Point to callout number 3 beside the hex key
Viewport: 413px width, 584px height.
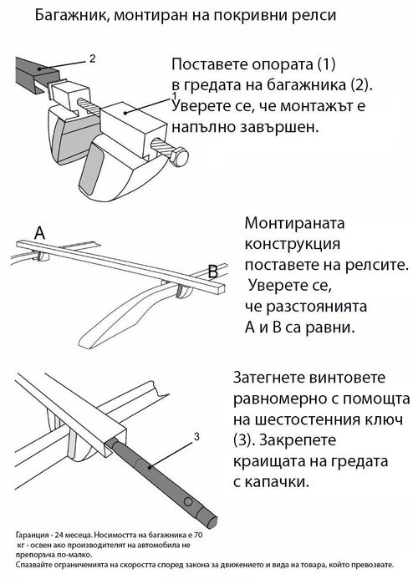pos(196,435)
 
